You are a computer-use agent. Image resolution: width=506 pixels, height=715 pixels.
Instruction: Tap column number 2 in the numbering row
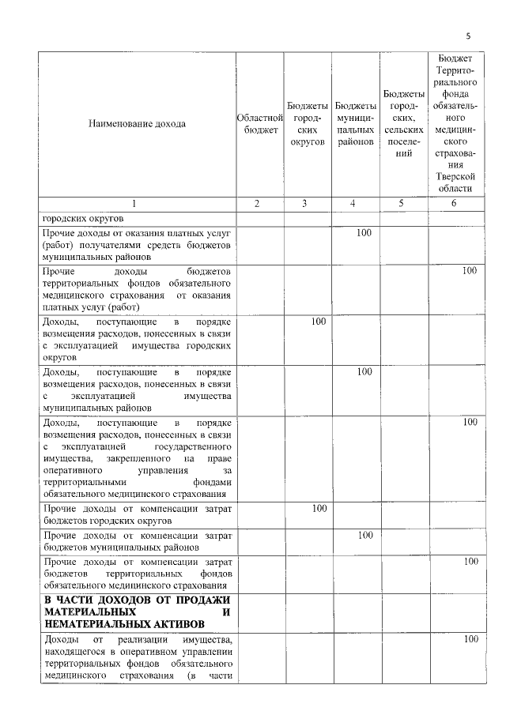click(x=259, y=204)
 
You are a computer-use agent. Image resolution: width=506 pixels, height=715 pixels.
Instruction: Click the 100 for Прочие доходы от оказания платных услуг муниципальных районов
click(x=364, y=233)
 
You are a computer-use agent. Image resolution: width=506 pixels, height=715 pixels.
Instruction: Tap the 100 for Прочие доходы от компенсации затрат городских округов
click(x=319, y=508)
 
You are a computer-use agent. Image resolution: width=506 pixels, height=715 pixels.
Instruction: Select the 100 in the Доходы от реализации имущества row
click(x=470, y=638)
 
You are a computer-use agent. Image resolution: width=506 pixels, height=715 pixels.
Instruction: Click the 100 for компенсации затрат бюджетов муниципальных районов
click(x=364, y=535)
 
